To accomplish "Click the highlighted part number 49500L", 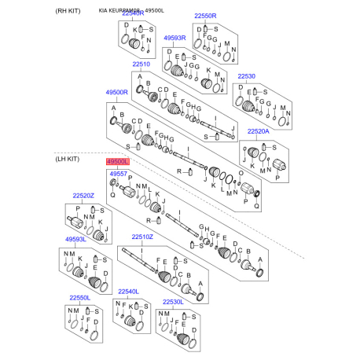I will tap(118, 160).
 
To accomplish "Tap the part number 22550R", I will tap(207, 16).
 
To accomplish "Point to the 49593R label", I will tap(175, 37).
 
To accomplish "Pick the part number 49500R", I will tap(117, 92).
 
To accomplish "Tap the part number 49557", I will tap(118, 173).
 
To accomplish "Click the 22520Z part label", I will tap(83, 195).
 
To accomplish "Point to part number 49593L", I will tap(75, 238).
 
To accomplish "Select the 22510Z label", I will tap(142, 237).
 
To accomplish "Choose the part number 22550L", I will tap(79, 297).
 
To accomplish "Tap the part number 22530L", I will tap(174, 301).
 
